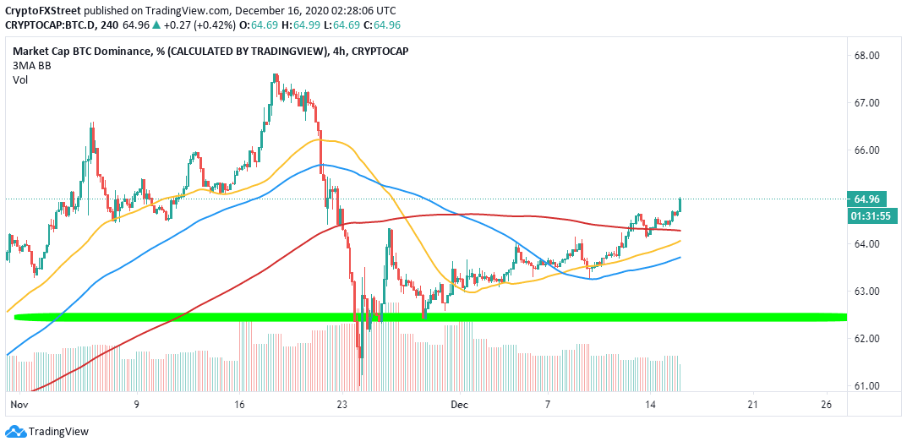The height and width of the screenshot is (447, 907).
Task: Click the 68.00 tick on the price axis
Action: (x=870, y=56)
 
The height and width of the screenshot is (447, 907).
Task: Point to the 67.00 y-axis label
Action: (x=870, y=103)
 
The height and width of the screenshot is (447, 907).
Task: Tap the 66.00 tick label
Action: (x=870, y=150)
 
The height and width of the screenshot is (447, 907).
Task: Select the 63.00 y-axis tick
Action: (x=870, y=292)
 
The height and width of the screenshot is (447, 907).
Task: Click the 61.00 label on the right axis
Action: (x=870, y=386)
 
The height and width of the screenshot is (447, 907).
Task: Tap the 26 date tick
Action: (x=826, y=404)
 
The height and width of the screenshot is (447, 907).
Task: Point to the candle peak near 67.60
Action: (x=276, y=75)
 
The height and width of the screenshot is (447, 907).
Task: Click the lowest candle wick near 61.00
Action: (x=360, y=382)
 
